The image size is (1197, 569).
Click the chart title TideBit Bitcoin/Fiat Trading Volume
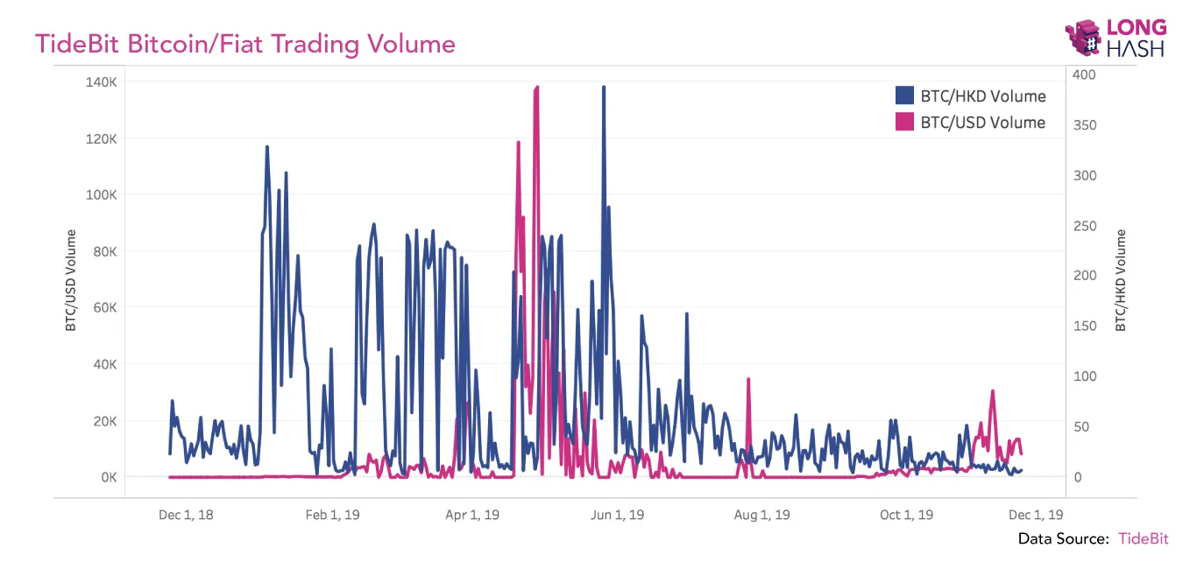[244, 44]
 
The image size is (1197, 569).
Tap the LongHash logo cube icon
[1084, 39]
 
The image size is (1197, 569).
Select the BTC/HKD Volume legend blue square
[904, 96]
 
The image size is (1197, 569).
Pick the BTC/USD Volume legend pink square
[904, 123]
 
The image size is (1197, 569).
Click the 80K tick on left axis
[103, 251]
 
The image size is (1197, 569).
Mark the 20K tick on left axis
[103, 421]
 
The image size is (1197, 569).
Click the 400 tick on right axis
[1085, 75]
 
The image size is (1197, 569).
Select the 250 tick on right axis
[1085, 226]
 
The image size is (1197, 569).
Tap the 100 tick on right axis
[1085, 376]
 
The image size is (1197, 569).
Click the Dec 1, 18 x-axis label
[186, 515]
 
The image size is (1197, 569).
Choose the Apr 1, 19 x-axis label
[472, 515]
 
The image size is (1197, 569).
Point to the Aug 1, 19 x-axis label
[762, 515]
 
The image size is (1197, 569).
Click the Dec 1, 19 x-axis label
[1036, 515]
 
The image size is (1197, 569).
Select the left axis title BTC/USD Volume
[71, 280]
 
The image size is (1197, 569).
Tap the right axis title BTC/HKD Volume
[1121, 280]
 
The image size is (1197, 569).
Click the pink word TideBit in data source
[1143, 538]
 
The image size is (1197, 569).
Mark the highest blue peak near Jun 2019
[604, 88]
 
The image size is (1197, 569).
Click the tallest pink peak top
[536, 88]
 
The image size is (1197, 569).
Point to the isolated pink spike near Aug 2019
[748, 380]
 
